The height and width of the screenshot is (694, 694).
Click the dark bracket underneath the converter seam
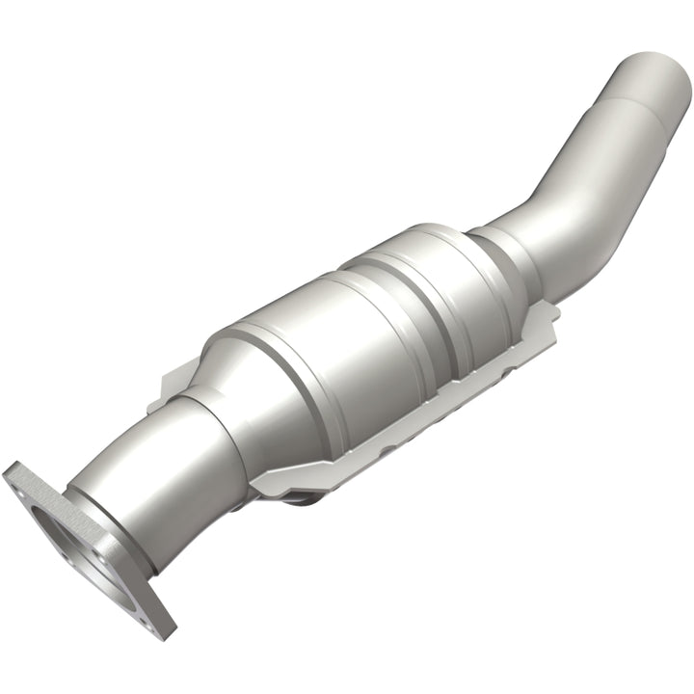(308, 496)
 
